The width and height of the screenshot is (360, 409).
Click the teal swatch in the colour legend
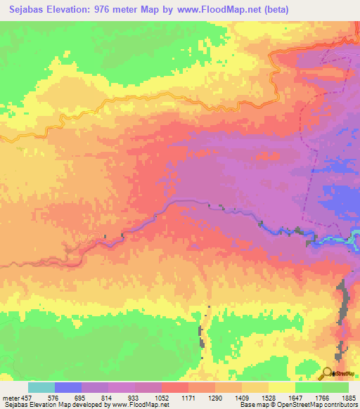pyautogui.click(x=41, y=387)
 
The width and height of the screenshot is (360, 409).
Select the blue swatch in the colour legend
pyautogui.click(x=68, y=387)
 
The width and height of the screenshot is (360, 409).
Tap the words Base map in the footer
pyautogui.click(x=252, y=405)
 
